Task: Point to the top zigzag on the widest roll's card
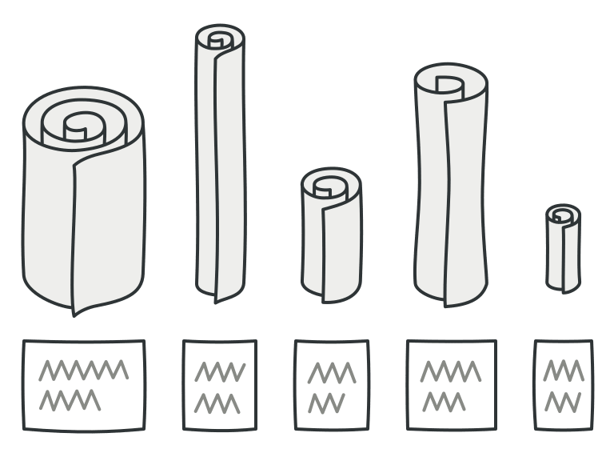coord(84,371)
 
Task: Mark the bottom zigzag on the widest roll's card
coord(70,399)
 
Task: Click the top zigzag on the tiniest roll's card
coord(564,371)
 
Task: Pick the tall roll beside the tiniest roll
coord(451,192)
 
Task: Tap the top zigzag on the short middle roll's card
coord(332,372)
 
